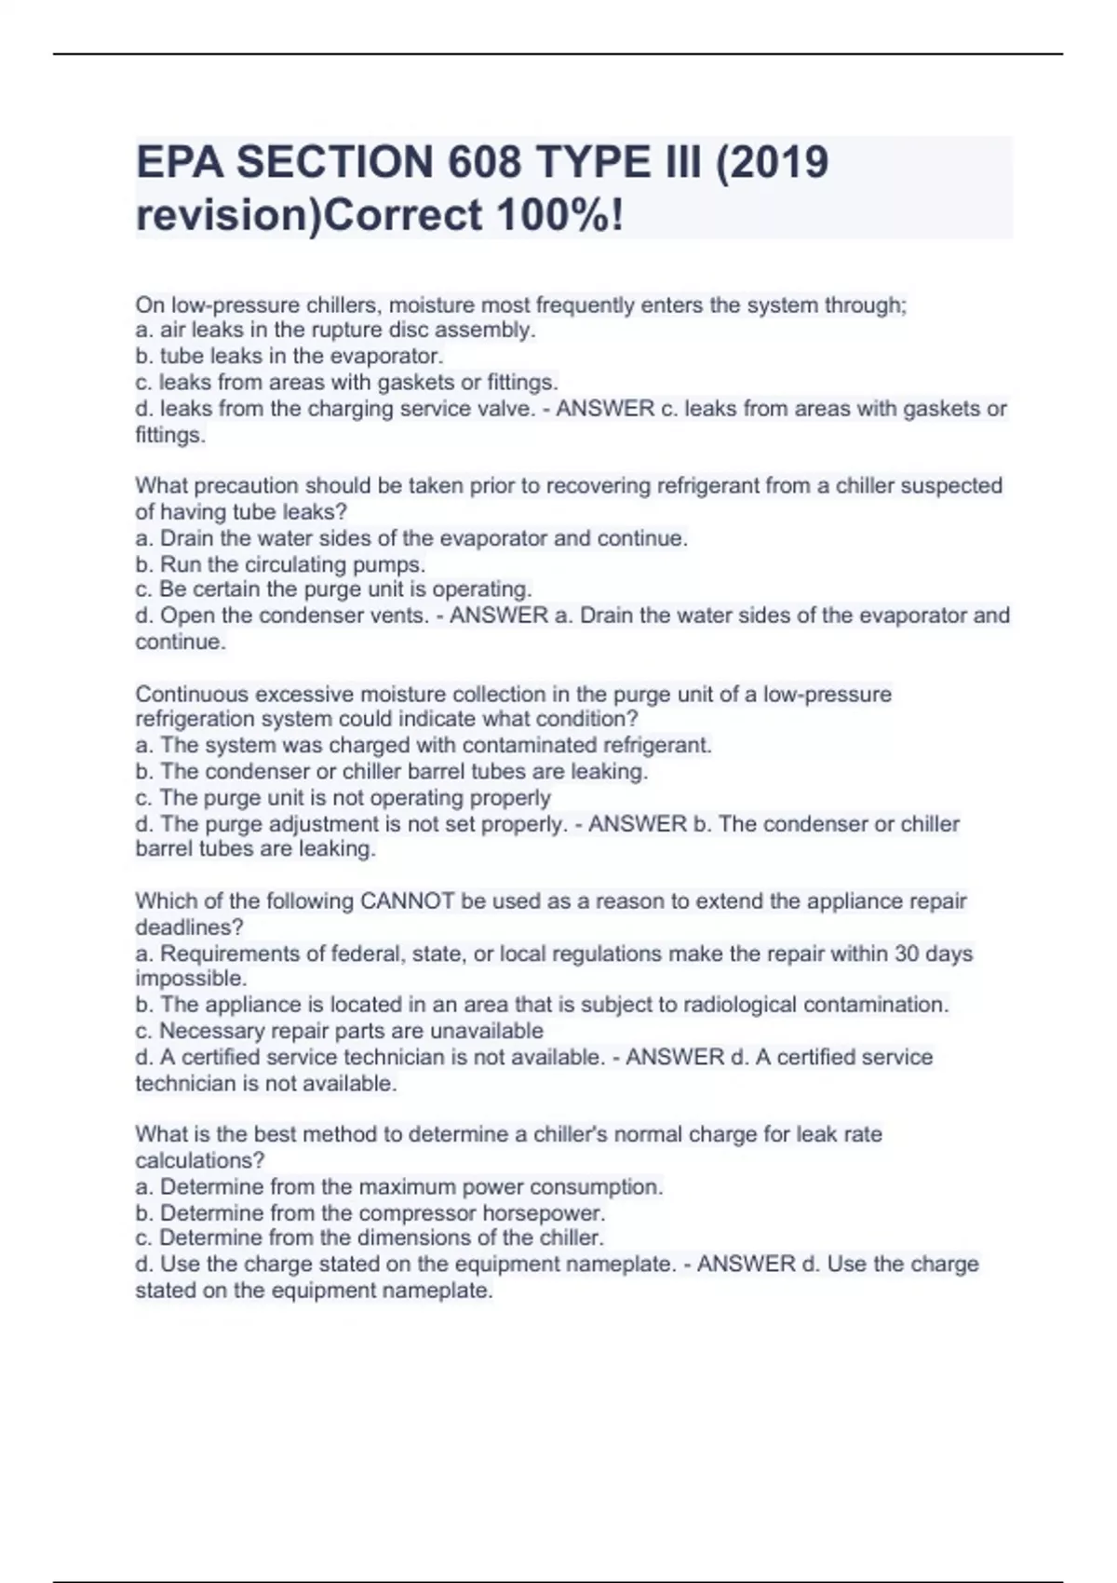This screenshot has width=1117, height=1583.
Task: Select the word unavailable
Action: point(486,1031)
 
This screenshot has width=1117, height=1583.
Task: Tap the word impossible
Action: point(191,979)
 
